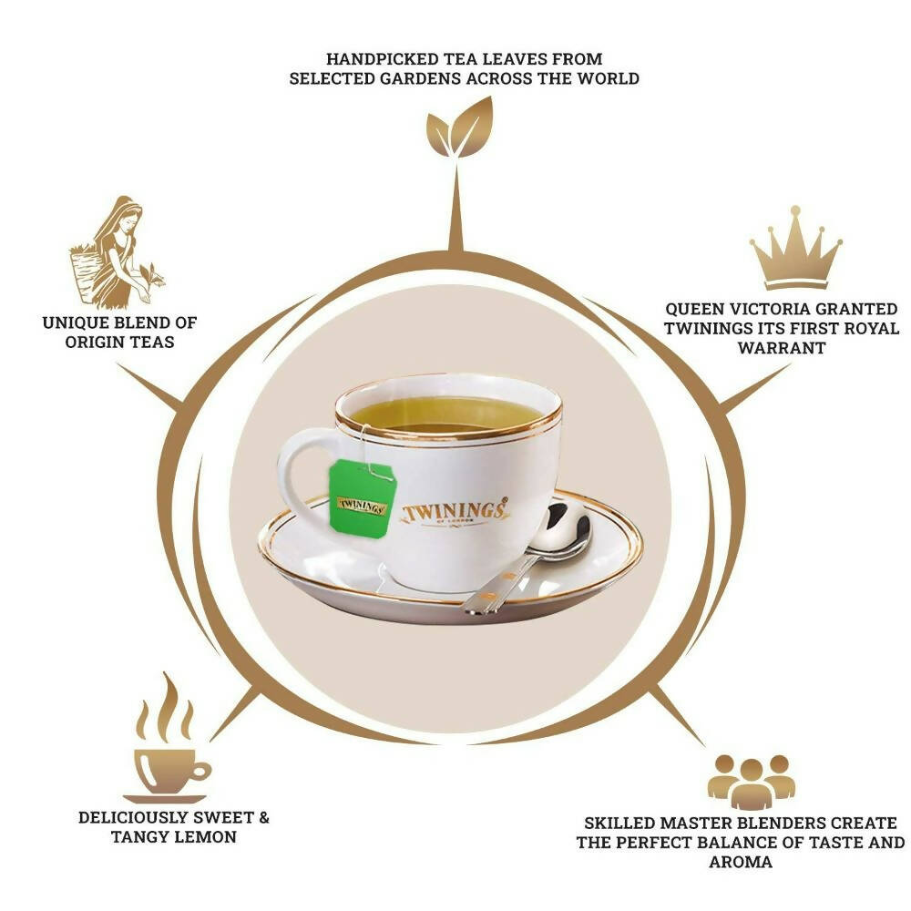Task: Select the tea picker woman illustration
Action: tap(117, 251)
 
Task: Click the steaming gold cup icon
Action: tap(169, 739)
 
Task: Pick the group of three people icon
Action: tap(752, 782)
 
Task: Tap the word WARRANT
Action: tap(782, 348)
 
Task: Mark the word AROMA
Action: tap(741, 862)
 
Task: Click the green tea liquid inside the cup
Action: tap(446, 415)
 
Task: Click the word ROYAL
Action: tap(872, 328)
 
